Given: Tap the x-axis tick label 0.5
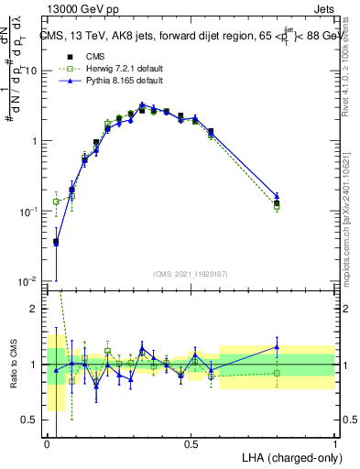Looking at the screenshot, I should (x=191, y=444).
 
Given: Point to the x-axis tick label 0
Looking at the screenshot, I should (x=47, y=444).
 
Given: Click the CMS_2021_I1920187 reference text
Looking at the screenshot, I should (x=190, y=274).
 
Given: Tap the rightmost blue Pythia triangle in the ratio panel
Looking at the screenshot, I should (x=277, y=346).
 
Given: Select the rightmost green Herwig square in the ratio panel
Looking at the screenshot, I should (x=277, y=373).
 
